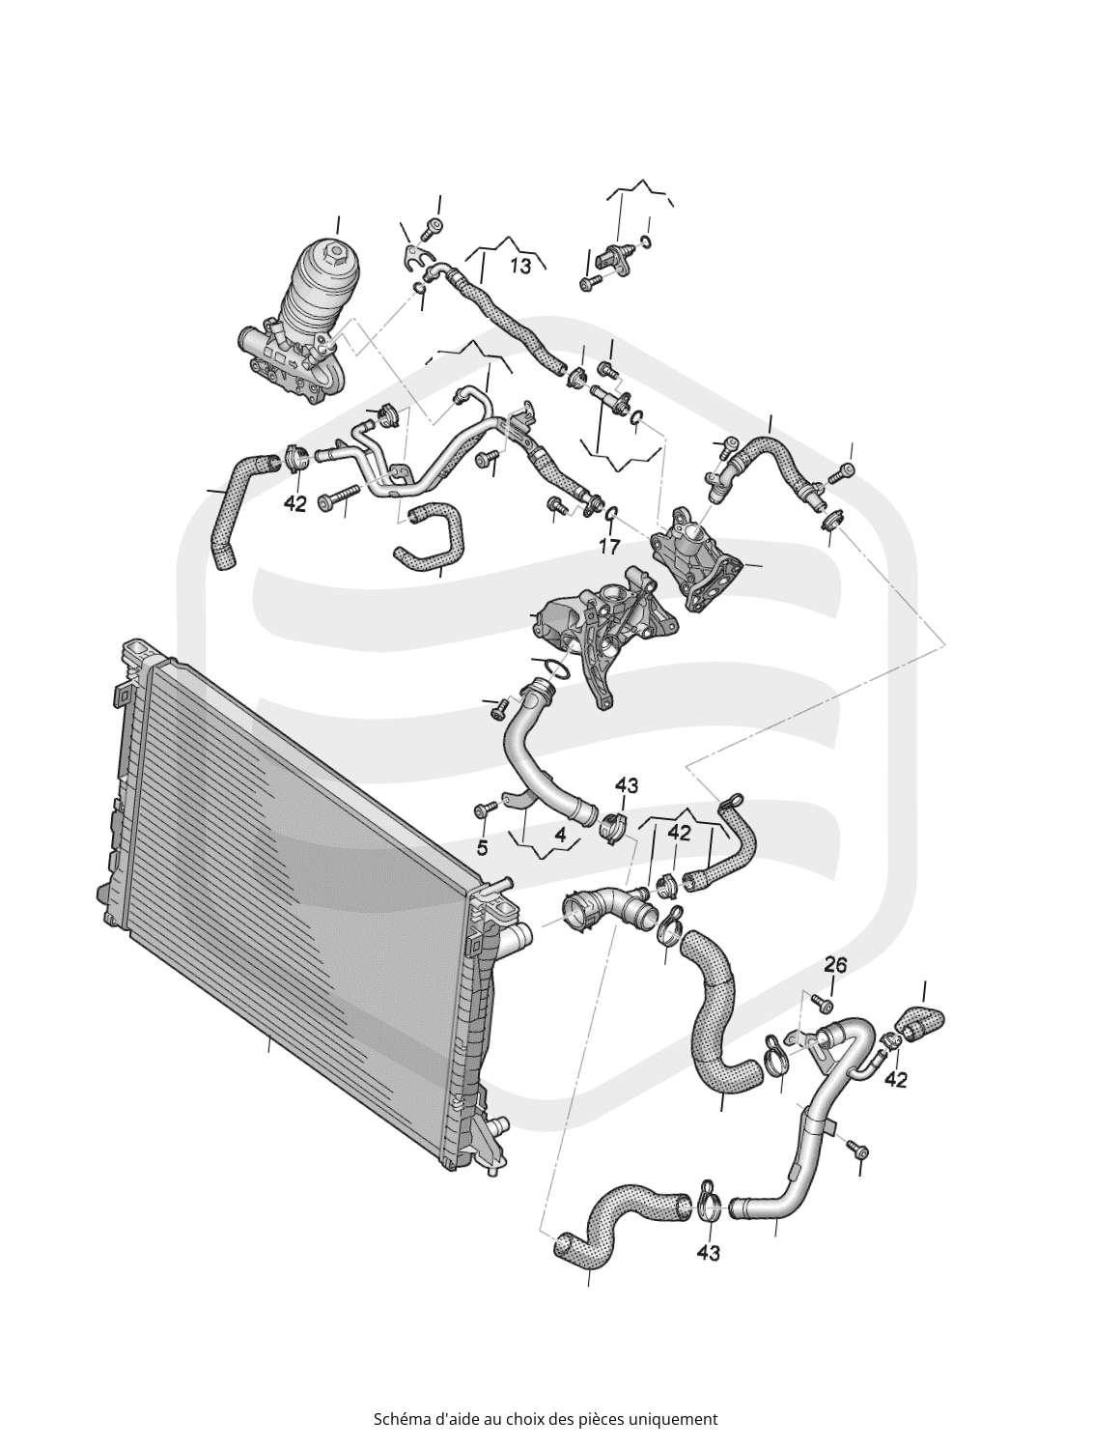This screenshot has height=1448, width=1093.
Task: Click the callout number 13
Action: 520,266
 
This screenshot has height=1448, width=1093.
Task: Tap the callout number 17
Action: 609,546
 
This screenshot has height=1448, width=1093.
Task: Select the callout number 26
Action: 834,966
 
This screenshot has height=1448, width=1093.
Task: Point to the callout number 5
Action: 482,848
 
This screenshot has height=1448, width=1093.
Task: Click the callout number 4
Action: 560,836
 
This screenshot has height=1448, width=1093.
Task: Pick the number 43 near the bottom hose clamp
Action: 708,1252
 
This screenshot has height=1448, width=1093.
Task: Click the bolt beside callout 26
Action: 822,1002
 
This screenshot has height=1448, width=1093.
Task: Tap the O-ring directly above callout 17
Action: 610,512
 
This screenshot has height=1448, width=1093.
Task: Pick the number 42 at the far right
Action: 895,1080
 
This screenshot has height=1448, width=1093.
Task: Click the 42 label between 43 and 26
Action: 679,834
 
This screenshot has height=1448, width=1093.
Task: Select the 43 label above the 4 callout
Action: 627,785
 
